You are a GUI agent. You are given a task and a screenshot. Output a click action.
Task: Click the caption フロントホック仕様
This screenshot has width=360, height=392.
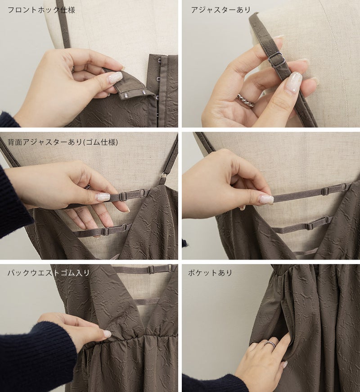pos(41,10)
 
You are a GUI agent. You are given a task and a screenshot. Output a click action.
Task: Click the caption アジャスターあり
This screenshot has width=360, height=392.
pos(220,10)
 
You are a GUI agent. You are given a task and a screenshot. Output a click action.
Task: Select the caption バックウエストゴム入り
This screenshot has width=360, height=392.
pos(49,273)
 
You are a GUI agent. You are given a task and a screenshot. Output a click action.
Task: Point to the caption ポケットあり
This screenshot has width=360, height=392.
pos(210,273)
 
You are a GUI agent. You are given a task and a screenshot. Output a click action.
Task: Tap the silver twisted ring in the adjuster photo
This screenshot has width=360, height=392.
pos(245,100)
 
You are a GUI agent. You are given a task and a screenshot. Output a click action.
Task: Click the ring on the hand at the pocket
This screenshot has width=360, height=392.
pos(270,344)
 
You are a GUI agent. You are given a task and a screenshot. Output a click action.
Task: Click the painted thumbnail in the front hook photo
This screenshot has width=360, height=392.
pos(115,78)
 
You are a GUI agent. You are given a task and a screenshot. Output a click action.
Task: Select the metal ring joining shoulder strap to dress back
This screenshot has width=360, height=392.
pos(163,175)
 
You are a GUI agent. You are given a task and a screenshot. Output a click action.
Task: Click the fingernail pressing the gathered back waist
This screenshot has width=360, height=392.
pos(108,333)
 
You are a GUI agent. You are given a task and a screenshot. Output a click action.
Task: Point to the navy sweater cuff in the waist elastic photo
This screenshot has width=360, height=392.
pos(37,355)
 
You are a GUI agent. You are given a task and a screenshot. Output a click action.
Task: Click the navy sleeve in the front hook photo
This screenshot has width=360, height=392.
pos(7,119)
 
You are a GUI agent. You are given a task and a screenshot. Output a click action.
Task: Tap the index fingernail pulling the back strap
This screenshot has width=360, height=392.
pos(266,199)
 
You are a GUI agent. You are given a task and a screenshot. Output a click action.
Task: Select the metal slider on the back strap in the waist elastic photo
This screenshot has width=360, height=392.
pos(151,269)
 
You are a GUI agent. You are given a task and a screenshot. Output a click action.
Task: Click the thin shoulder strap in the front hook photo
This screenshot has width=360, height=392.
pos(63,24)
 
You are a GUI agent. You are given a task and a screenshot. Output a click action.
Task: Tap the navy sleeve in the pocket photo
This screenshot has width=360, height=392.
pos(212,383)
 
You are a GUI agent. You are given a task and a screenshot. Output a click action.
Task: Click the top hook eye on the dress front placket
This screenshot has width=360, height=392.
pos(159,60)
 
